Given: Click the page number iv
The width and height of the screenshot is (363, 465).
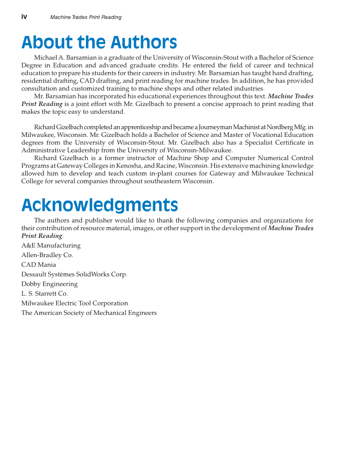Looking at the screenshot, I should [x=24, y=17].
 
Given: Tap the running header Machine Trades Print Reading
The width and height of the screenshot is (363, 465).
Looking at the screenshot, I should [x=86, y=18].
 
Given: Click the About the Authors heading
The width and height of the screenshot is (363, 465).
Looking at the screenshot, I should [x=99, y=42].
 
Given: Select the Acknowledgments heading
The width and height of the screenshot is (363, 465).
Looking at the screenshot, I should [x=100, y=205].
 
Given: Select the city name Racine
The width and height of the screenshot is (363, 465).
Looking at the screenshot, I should [x=187, y=166].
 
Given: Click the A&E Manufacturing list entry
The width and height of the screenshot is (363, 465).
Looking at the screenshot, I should [x=51, y=246].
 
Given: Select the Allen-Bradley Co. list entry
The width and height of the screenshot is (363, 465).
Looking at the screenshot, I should [x=47, y=255].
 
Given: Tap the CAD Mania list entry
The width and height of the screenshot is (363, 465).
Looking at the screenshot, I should [x=38, y=265].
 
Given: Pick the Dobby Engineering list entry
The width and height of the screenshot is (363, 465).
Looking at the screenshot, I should [x=50, y=284].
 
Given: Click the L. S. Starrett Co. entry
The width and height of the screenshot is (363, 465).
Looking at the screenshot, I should [x=44, y=294].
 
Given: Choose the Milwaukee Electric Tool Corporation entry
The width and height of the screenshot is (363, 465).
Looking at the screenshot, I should [x=75, y=303].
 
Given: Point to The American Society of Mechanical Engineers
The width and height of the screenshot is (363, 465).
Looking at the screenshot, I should [x=89, y=313].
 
